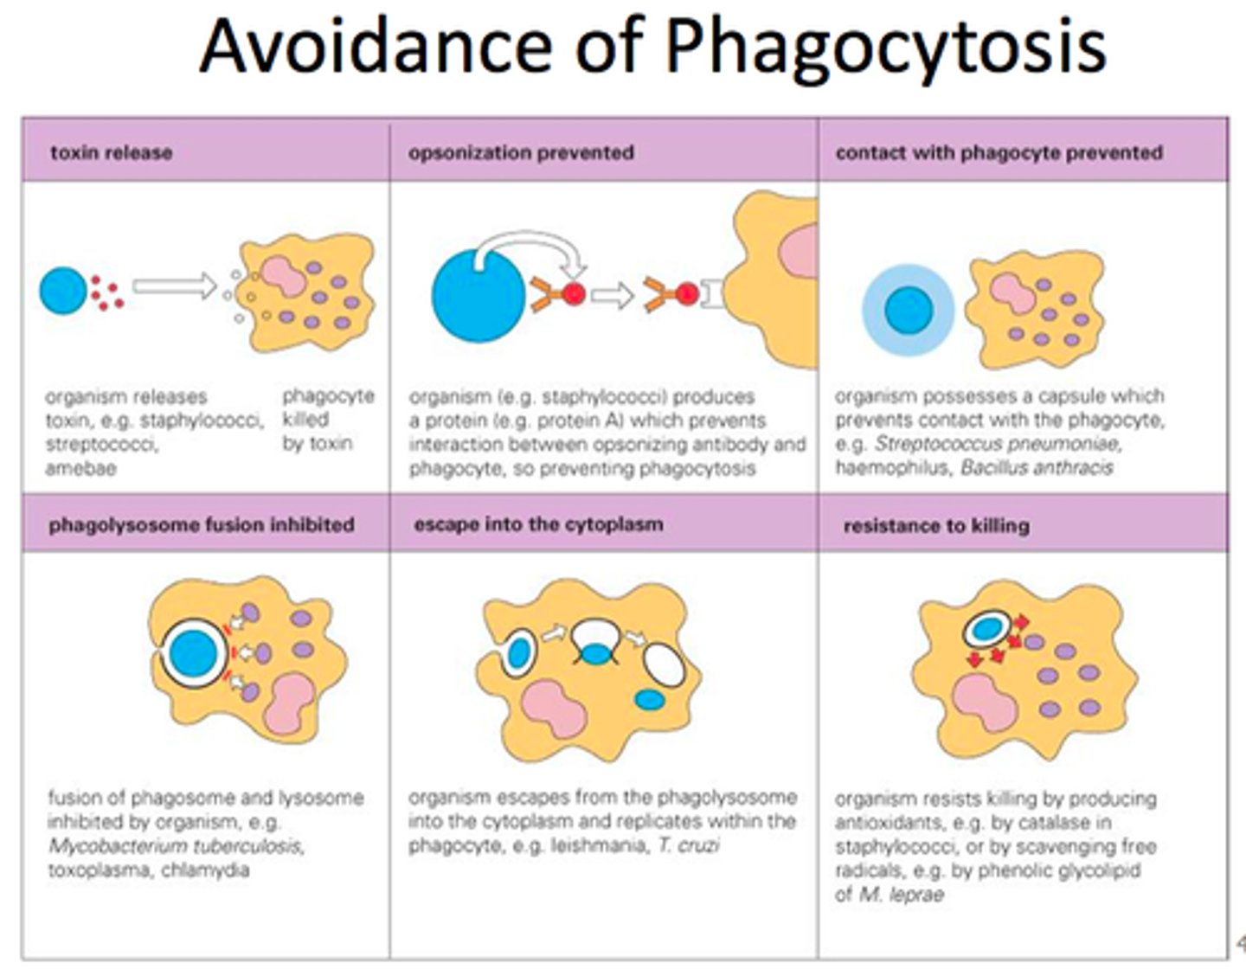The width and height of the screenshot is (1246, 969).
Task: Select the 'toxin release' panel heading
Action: tap(111, 153)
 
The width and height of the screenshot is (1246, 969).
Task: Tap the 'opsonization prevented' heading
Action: tap(521, 153)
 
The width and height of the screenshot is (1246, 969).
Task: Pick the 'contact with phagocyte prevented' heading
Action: tap(999, 153)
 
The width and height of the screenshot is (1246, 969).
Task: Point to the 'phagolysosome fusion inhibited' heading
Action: tap(202, 525)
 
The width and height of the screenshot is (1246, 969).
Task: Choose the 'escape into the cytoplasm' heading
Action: tap(538, 524)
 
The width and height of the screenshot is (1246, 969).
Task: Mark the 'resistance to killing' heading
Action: tap(936, 525)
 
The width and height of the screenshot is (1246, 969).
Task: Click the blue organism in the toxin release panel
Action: tap(63, 291)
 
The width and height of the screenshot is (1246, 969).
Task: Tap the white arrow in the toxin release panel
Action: tap(174, 286)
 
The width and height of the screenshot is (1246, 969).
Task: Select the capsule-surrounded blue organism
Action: tap(909, 310)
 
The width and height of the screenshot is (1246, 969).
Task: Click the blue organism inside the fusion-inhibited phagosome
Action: tap(194, 653)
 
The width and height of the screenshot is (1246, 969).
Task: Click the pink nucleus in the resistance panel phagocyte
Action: tap(985, 703)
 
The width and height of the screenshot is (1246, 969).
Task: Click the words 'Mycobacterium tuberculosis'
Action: tap(177, 845)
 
